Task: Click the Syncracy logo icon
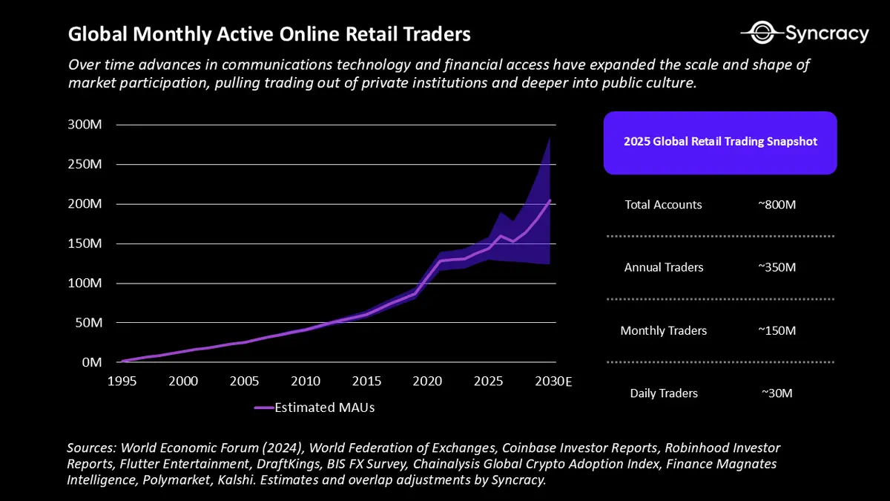[x=761, y=33]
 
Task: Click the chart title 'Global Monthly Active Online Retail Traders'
[x=268, y=35]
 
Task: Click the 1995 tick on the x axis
[x=122, y=381]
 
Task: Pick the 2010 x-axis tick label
[x=305, y=381]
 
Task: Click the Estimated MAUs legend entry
[x=314, y=407]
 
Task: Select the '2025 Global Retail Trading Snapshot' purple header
[x=720, y=142]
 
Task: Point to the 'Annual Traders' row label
[x=663, y=267]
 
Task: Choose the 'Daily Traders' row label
[x=664, y=393]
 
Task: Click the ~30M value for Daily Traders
[x=777, y=393]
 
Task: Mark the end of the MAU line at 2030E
[x=550, y=200]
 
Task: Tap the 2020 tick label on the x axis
[x=426, y=381]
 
